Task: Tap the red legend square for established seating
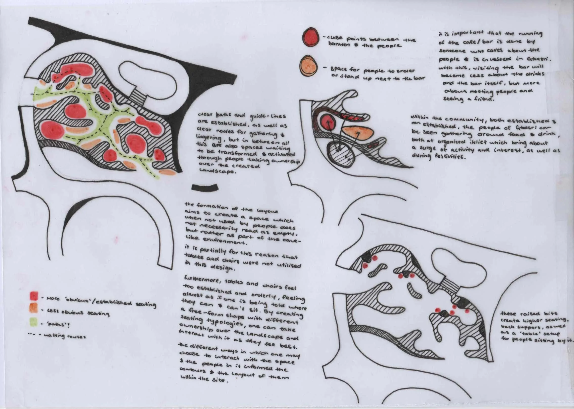pos(34,296)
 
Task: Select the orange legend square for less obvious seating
pos(34,308)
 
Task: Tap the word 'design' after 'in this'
pos(224,269)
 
